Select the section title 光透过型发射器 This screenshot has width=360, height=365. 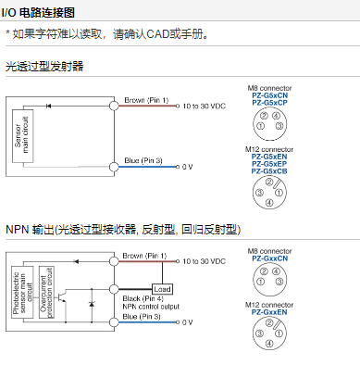click(44, 66)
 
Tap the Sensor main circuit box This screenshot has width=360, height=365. click(22, 136)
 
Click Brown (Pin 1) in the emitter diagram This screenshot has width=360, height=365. click(145, 99)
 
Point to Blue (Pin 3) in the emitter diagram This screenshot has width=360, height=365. click(143, 160)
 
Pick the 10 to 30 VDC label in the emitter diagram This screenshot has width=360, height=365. click(205, 107)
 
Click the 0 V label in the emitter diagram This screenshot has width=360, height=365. click(187, 167)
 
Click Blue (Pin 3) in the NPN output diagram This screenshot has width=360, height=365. click(143, 316)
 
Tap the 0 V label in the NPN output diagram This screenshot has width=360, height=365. click(187, 322)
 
